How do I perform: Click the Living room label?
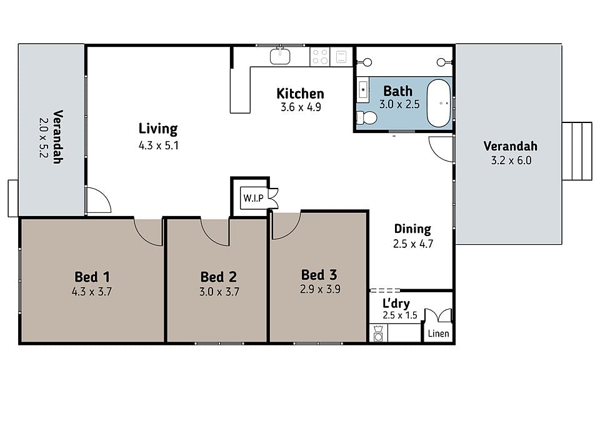pyautogui.click(x=158, y=129)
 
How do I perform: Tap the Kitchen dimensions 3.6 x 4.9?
pyautogui.click(x=301, y=107)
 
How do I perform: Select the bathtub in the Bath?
pyautogui.click(x=439, y=103)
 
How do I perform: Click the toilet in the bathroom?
pyautogui.click(x=367, y=118)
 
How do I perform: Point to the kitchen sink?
pyautogui.click(x=280, y=56)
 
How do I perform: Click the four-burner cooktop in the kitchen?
pyautogui.click(x=320, y=57)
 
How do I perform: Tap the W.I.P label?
pyautogui.click(x=253, y=198)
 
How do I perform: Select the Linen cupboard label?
pyautogui.click(x=439, y=333)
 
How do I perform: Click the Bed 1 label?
pyautogui.click(x=92, y=277)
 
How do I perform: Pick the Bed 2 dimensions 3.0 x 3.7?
pyautogui.click(x=219, y=292)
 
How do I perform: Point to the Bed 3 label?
pyautogui.click(x=319, y=275)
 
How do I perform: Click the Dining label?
pyautogui.click(x=412, y=229)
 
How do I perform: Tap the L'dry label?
pyautogui.click(x=396, y=303)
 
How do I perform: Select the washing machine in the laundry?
pyautogui.click(x=379, y=333)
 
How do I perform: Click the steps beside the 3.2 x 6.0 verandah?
pyautogui.click(x=577, y=151)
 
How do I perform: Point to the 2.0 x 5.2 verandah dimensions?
pyautogui.click(x=43, y=137)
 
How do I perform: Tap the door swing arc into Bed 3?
pyautogui.click(x=290, y=229)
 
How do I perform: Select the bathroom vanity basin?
pyautogui.click(x=363, y=90)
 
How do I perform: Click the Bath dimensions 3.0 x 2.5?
pyautogui.click(x=399, y=104)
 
